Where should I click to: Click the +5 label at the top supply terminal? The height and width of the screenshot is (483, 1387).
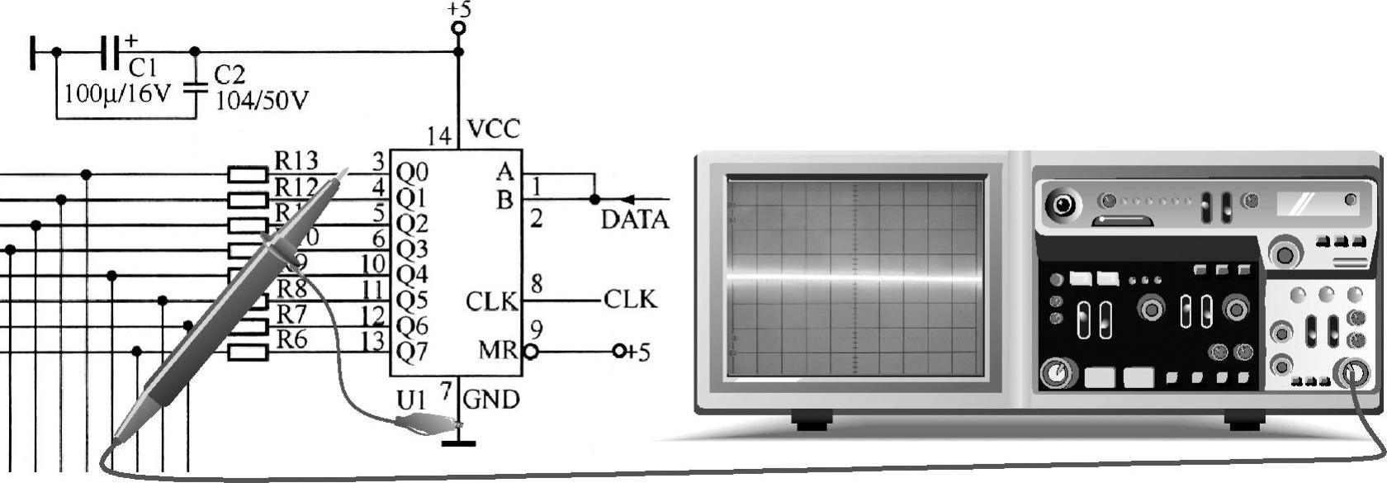459,10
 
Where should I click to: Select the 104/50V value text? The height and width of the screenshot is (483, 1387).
262,101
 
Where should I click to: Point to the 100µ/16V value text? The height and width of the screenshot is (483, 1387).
116,93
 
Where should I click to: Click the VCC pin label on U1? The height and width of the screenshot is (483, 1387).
494,129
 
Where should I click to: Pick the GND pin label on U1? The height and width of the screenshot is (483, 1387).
491,400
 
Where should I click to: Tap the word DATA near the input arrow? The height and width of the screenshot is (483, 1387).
634,220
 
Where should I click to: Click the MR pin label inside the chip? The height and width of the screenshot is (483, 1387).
497,351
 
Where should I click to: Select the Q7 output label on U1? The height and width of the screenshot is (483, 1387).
412,352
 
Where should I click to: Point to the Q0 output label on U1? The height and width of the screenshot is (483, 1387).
412,173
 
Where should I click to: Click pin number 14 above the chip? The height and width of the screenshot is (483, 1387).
439,135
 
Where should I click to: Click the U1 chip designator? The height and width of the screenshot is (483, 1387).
414,400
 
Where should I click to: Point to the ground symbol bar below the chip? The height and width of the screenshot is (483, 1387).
458,444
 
